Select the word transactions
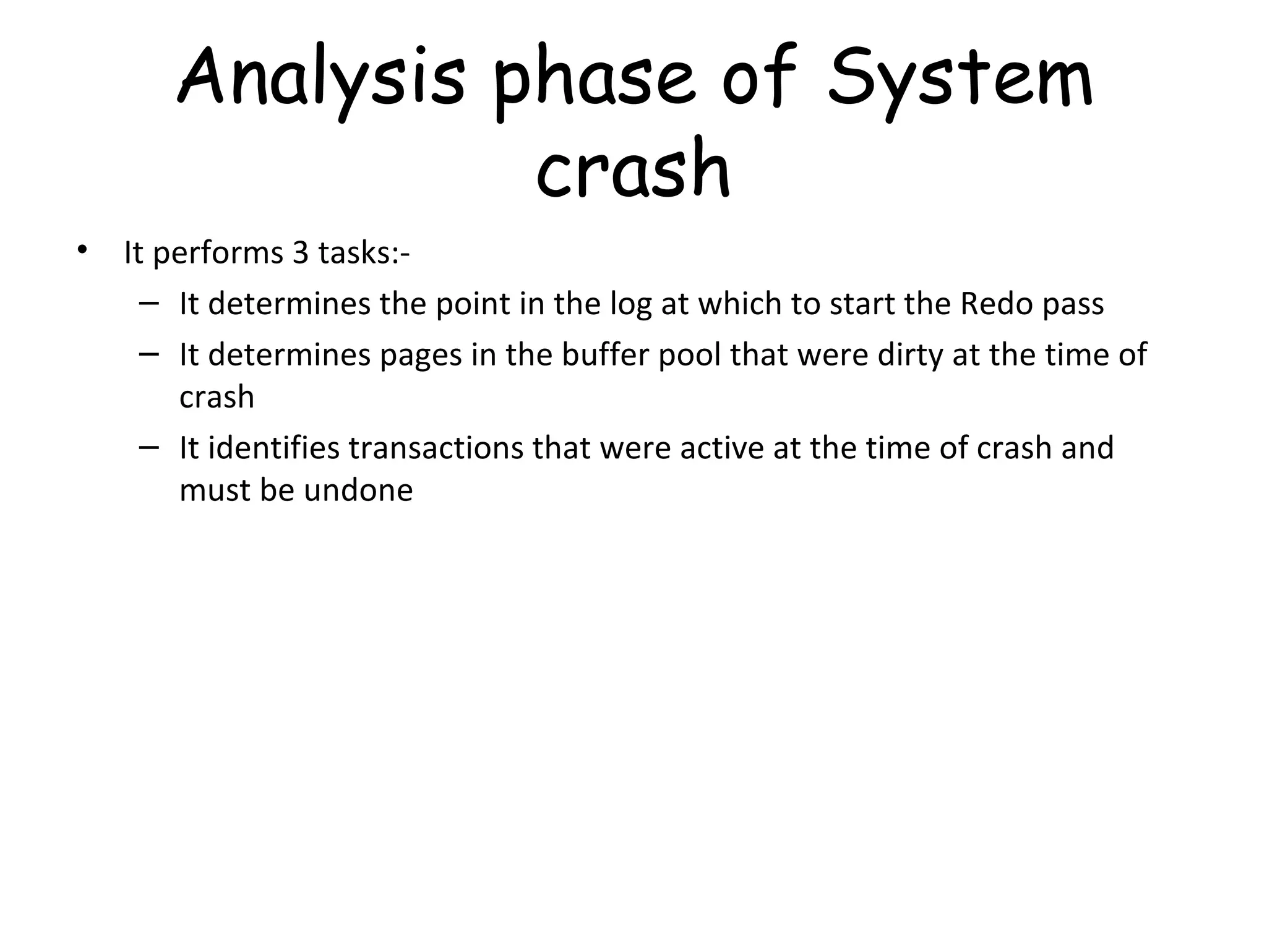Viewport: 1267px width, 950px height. (x=436, y=448)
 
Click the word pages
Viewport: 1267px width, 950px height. (x=420, y=356)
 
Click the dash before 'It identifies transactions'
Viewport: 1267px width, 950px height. (x=149, y=447)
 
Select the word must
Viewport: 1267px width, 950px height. (x=215, y=490)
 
